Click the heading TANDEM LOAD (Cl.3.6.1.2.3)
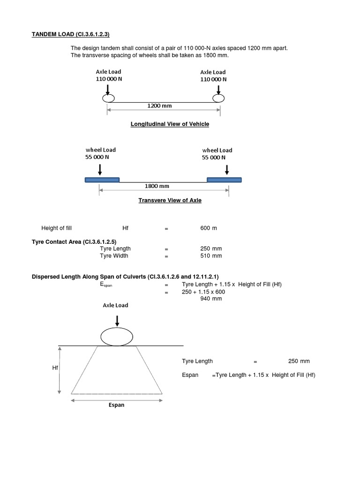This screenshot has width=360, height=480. click(x=73, y=34)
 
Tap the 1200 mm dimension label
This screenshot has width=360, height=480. click(x=159, y=106)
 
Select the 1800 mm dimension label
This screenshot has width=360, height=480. click(x=157, y=186)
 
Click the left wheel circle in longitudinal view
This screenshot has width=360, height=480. click(x=108, y=98)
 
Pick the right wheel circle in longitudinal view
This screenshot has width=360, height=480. click(x=218, y=98)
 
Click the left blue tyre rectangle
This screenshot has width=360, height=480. click(x=102, y=180)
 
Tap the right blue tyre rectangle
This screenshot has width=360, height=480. click(x=225, y=180)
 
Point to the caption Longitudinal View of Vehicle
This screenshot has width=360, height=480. click(x=169, y=124)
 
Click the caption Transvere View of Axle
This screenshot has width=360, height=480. click(x=170, y=200)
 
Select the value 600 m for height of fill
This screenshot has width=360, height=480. click(x=208, y=228)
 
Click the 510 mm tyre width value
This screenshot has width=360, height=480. click(x=210, y=256)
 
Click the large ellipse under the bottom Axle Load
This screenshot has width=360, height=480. click(x=117, y=337)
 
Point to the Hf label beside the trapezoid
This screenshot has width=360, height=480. click(x=55, y=368)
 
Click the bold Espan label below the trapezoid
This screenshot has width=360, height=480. click(x=116, y=405)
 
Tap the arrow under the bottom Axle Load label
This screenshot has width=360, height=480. click(x=117, y=320)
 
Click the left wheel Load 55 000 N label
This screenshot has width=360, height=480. click(x=100, y=153)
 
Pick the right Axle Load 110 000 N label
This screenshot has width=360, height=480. click(x=213, y=75)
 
